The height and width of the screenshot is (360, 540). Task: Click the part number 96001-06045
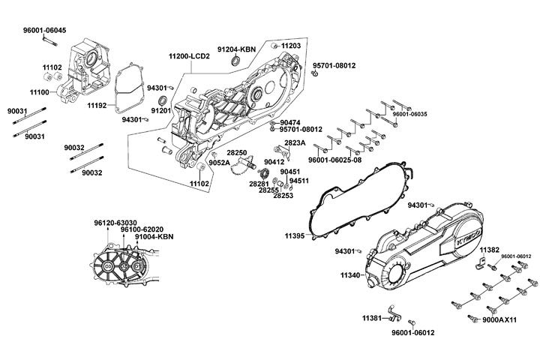pos(44,30)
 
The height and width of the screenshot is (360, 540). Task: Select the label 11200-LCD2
pos(190,57)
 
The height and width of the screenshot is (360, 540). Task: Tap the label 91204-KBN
pos(237,48)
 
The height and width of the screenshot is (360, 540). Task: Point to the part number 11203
pos(291,46)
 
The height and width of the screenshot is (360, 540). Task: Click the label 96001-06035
pos(409,114)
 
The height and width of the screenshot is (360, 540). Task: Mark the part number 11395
pos(294,235)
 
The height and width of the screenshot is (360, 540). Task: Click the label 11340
pos(350,276)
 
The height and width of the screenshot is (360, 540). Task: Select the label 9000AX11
pos(499,320)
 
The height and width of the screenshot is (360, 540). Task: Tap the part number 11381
pos(372,318)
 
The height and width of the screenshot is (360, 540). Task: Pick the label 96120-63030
pos(115,223)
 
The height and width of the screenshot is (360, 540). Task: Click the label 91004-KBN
pos(154,237)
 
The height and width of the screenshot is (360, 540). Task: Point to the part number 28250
pos(236,152)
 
